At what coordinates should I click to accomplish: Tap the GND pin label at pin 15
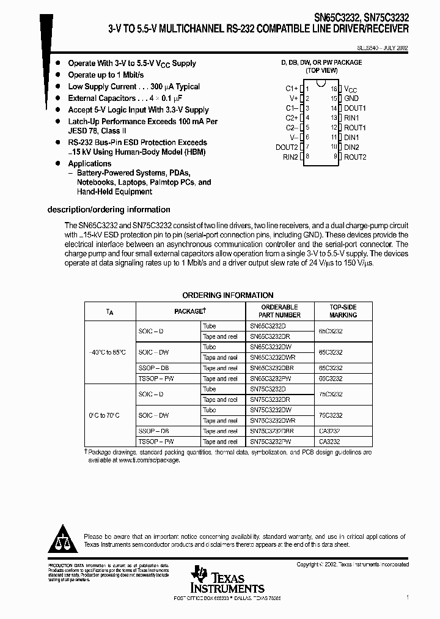pyautogui.click(x=351, y=98)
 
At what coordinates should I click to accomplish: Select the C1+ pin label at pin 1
pyautogui.click(x=291, y=89)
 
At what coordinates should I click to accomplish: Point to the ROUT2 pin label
pyautogui.click(x=355, y=157)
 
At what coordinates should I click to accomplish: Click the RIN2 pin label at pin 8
pyautogui.click(x=290, y=157)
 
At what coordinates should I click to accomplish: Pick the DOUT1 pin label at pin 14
pyautogui.click(x=355, y=108)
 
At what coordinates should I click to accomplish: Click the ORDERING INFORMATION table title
pyautogui.click(x=228, y=295)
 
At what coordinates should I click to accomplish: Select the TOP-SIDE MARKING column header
pyautogui.click(x=343, y=311)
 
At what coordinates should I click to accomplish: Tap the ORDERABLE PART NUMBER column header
pyautogui.click(x=279, y=311)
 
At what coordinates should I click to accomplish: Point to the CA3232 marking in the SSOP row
pyautogui.click(x=330, y=431)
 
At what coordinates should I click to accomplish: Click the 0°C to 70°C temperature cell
pyautogui.click(x=106, y=415)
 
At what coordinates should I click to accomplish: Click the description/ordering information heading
pyautogui.click(x=109, y=210)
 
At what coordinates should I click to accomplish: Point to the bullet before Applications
pyautogui.click(x=58, y=163)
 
